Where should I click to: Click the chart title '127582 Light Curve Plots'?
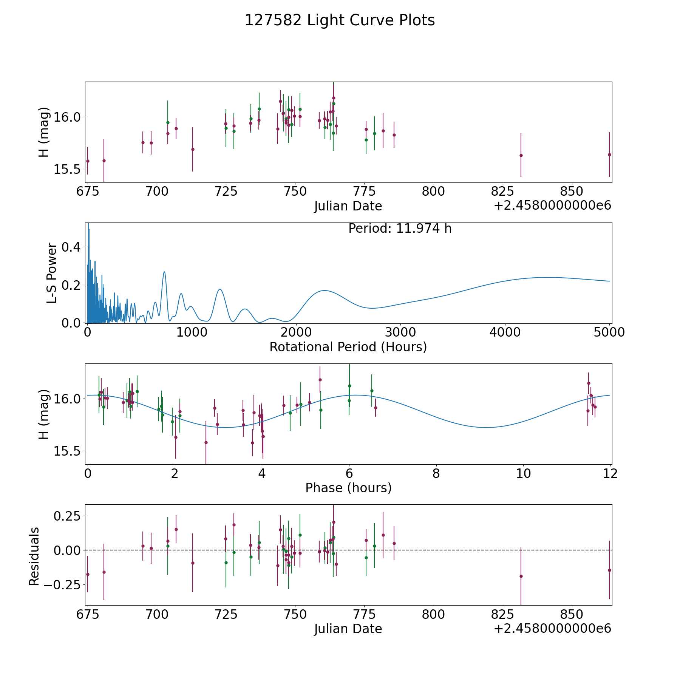[340, 20]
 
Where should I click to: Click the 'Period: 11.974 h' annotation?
[400, 229]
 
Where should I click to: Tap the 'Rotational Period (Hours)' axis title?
[348, 347]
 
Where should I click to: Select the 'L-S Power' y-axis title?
[52, 273]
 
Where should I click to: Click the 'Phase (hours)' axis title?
[348, 488]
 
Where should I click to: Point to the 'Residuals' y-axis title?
[34, 556]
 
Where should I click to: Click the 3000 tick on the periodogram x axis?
[400, 332]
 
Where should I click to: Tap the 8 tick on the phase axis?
[436, 474]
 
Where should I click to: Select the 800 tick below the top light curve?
[433, 192]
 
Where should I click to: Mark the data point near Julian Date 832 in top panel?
[521, 155]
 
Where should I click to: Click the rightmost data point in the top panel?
[609, 155]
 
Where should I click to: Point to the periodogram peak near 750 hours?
[164, 272]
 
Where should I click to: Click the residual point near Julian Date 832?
[521, 576]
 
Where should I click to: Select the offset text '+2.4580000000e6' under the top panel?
[553, 206]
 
